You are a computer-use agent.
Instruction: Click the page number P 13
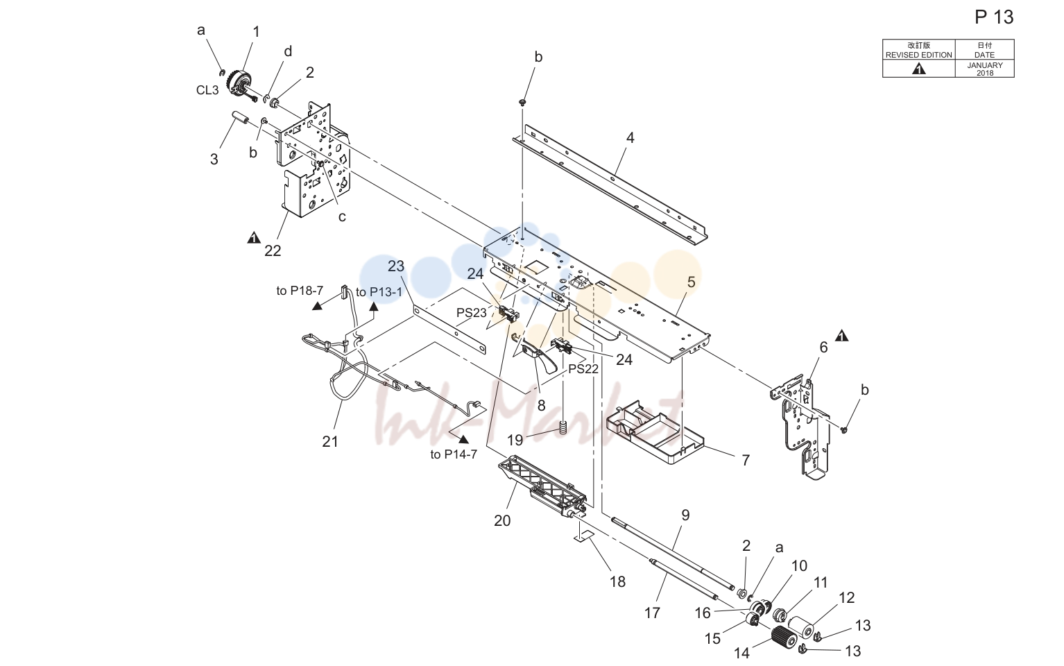pyautogui.click(x=994, y=17)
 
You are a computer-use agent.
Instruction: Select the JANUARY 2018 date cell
pyautogui.click(x=985, y=69)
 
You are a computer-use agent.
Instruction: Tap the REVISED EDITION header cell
pyautogui.click(x=918, y=50)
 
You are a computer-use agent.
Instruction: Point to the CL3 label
pyautogui.click(x=207, y=89)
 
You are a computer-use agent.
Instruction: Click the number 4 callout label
pyautogui.click(x=630, y=138)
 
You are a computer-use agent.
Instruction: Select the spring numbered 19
pyautogui.click(x=564, y=427)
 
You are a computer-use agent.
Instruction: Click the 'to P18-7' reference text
pyautogui.click(x=300, y=290)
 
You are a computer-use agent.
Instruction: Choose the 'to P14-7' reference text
pyautogui.click(x=454, y=454)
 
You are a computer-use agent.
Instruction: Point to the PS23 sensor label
pyautogui.click(x=472, y=313)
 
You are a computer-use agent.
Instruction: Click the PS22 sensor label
pyautogui.click(x=583, y=368)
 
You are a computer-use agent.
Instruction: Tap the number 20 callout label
pyautogui.click(x=502, y=520)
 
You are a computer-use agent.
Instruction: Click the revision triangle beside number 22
pyautogui.click(x=254, y=237)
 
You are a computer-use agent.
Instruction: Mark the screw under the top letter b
pyautogui.click(x=522, y=102)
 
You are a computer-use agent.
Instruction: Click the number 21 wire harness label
pyautogui.click(x=330, y=441)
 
